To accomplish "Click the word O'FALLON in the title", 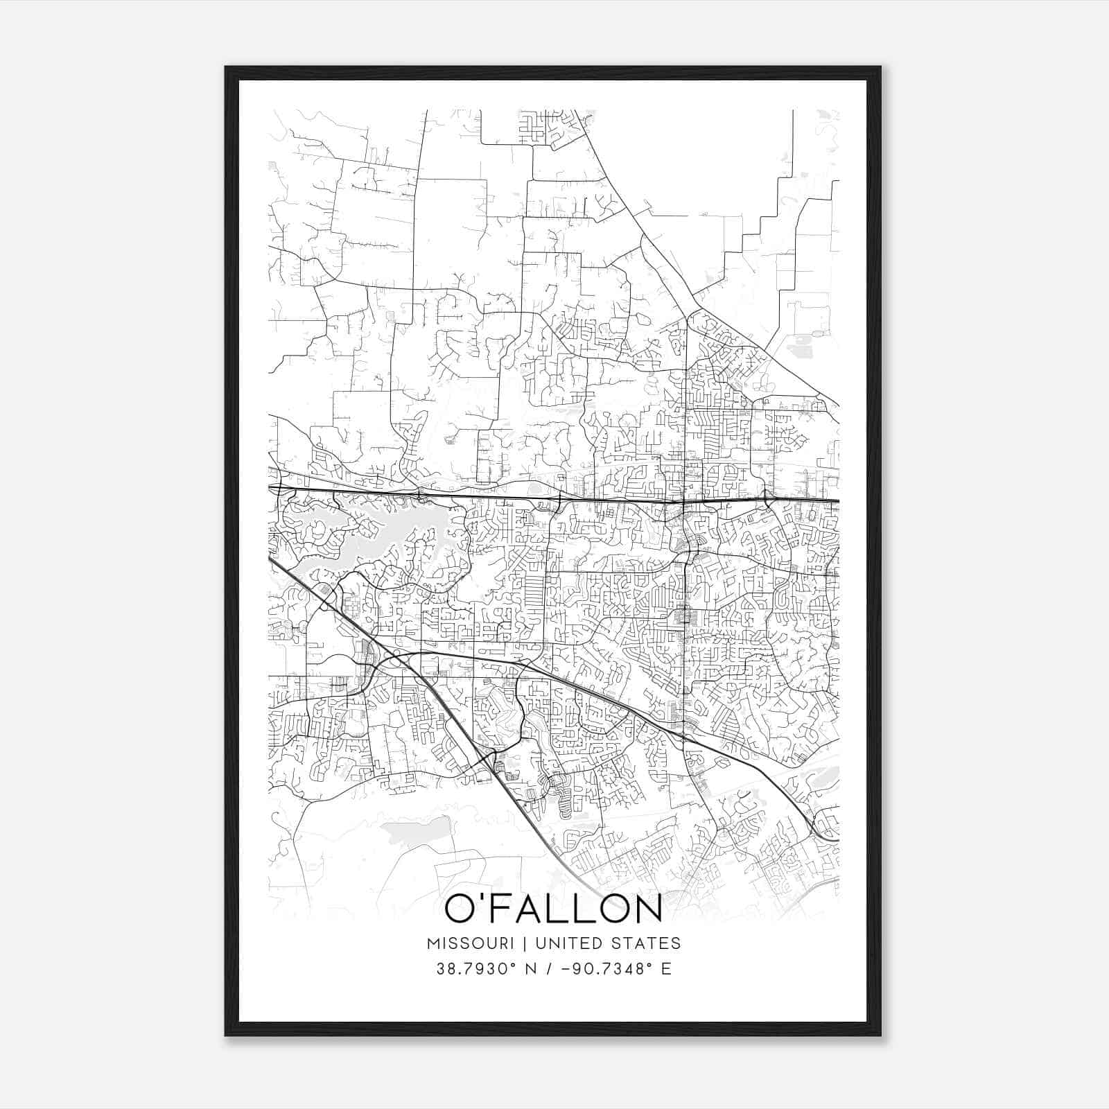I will coord(552,909).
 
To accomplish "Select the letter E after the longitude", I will coord(666,969).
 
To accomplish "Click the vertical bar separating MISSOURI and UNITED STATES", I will coord(526,943).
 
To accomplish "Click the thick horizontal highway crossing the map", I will coord(554,497).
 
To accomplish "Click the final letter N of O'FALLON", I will coord(647,909).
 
